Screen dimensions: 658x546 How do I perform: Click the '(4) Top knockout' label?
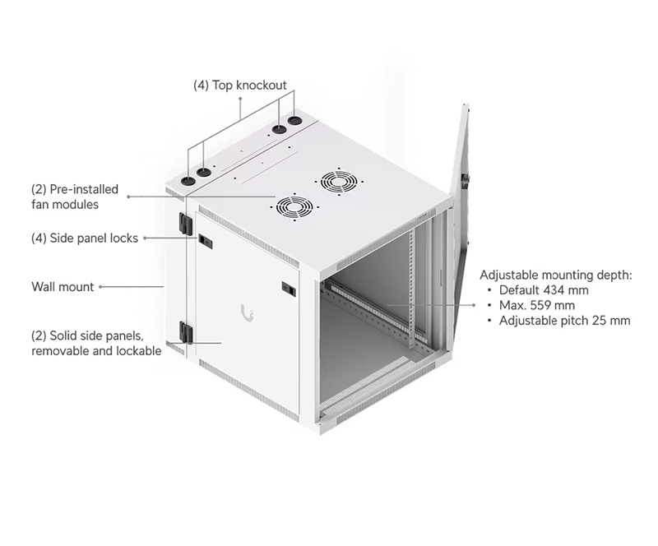click(239, 86)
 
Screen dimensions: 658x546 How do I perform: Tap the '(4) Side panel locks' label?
click(85, 238)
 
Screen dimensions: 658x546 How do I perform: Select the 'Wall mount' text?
click(63, 287)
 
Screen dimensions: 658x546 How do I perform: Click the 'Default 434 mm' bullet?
click(544, 290)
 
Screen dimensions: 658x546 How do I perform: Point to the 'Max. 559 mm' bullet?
click(537, 305)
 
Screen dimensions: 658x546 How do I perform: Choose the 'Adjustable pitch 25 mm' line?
click(564, 321)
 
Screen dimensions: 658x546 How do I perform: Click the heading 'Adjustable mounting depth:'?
click(556, 275)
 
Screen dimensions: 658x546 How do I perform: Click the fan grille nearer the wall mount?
click(294, 207)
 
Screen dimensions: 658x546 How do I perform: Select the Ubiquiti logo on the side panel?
click(248, 312)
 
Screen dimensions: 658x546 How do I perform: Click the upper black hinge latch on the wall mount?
click(186, 224)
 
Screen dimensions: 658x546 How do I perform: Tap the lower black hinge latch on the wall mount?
click(186, 332)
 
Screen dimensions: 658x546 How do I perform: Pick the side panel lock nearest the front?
click(289, 289)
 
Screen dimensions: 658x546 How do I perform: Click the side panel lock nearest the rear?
click(205, 241)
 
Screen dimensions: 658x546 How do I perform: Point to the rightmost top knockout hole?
click(294, 121)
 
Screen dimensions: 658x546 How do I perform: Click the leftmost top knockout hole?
click(188, 181)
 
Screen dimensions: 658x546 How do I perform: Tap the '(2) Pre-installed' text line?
click(75, 189)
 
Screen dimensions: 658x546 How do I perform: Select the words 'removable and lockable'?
click(96, 351)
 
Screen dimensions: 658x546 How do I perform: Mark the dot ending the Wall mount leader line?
click(100, 287)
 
